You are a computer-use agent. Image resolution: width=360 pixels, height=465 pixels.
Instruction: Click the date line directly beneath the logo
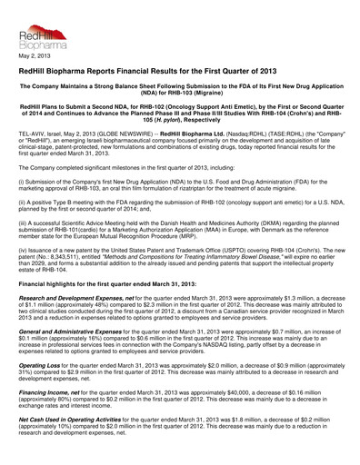(33, 57)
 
